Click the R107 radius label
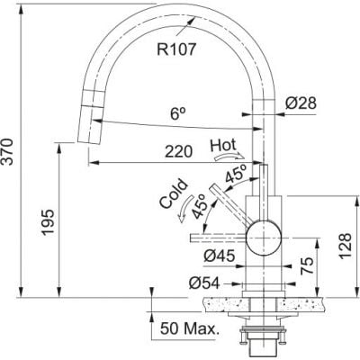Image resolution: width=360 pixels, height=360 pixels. (x=176, y=49)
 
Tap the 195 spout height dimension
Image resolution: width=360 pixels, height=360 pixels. (x=48, y=222)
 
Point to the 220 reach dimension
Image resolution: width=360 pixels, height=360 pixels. (x=178, y=151)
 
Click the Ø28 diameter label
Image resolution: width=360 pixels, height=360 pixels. (x=301, y=103)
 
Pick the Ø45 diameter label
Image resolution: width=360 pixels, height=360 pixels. (x=220, y=256)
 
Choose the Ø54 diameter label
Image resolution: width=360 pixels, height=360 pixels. (x=204, y=283)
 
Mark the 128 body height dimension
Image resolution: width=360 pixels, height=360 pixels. (x=345, y=246)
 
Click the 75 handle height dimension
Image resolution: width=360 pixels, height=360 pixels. (x=307, y=265)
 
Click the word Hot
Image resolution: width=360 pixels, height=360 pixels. (x=223, y=145)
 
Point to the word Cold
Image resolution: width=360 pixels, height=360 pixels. (x=173, y=193)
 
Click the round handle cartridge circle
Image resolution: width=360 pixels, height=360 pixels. (x=264, y=238)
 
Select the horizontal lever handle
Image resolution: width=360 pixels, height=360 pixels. (x=219, y=238)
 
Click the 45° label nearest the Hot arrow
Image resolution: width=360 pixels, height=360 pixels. (x=236, y=174)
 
